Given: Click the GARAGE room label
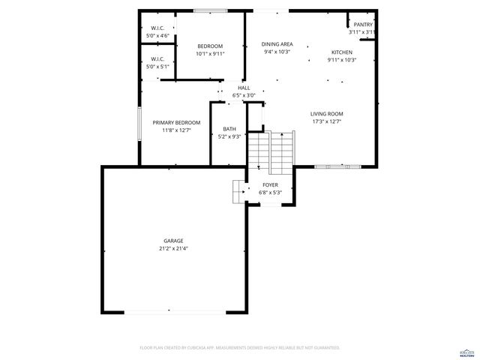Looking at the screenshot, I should (172, 241).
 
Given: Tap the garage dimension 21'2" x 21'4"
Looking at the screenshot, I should (172, 248).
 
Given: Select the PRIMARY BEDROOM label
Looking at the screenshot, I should (176, 122).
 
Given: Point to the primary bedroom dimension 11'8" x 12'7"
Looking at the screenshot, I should (176, 130).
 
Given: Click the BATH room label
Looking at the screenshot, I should (229, 129).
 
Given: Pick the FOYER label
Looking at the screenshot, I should (270, 184).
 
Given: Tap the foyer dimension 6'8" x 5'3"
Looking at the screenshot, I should (270, 192).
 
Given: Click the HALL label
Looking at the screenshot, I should (244, 88).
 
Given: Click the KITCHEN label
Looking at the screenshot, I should (341, 52).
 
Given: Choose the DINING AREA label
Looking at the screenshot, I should (277, 44).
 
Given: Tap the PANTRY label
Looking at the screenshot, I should (363, 25).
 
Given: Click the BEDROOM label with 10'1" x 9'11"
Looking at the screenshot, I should (210, 46).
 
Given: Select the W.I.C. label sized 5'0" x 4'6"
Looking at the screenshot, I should (157, 28).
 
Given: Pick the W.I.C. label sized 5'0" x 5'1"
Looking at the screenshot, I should (157, 59).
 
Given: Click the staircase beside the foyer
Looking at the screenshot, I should (271, 150).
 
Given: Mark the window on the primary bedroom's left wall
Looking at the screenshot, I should (139, 123).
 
